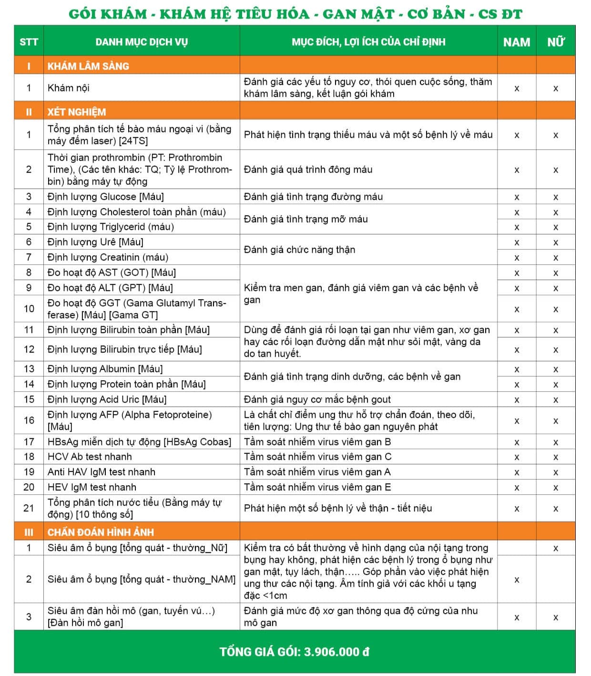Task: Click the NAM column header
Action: coord(516,42)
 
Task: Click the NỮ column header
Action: coord(555,42)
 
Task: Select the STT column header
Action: coord(29,42)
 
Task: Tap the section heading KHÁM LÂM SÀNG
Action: coord(88,66)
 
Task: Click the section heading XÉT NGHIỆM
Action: coord(77,112)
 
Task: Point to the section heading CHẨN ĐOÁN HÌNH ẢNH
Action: coord(101,532)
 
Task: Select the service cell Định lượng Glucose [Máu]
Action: coord(105,197)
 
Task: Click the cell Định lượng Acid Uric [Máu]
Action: coord(107,399)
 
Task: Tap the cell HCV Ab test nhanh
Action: coord(90,457)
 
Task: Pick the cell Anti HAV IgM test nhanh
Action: coord(101,472)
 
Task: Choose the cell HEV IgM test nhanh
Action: coord(92,487)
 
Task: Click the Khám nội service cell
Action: coord(68,88)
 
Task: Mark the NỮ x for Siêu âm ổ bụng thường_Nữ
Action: coord(555,549)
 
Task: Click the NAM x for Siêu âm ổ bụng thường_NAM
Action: coord(516,580)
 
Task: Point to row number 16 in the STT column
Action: coord(29,420)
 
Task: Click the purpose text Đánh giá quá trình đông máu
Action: coord(308,169)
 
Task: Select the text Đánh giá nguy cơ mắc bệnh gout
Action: coord(317,399)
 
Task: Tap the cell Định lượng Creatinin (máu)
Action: coord(108,257)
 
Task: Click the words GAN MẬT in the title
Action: coord(358,14)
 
